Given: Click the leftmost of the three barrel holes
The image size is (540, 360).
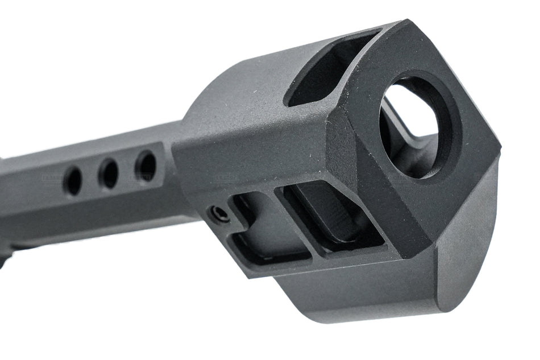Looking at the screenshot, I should point(73,181).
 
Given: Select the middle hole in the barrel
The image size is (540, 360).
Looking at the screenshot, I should point(108,173).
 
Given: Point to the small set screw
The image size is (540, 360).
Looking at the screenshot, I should point(219,214).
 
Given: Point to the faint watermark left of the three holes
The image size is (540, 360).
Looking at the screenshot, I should point(51,177).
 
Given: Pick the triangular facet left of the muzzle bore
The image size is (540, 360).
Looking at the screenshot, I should point(352,142).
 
